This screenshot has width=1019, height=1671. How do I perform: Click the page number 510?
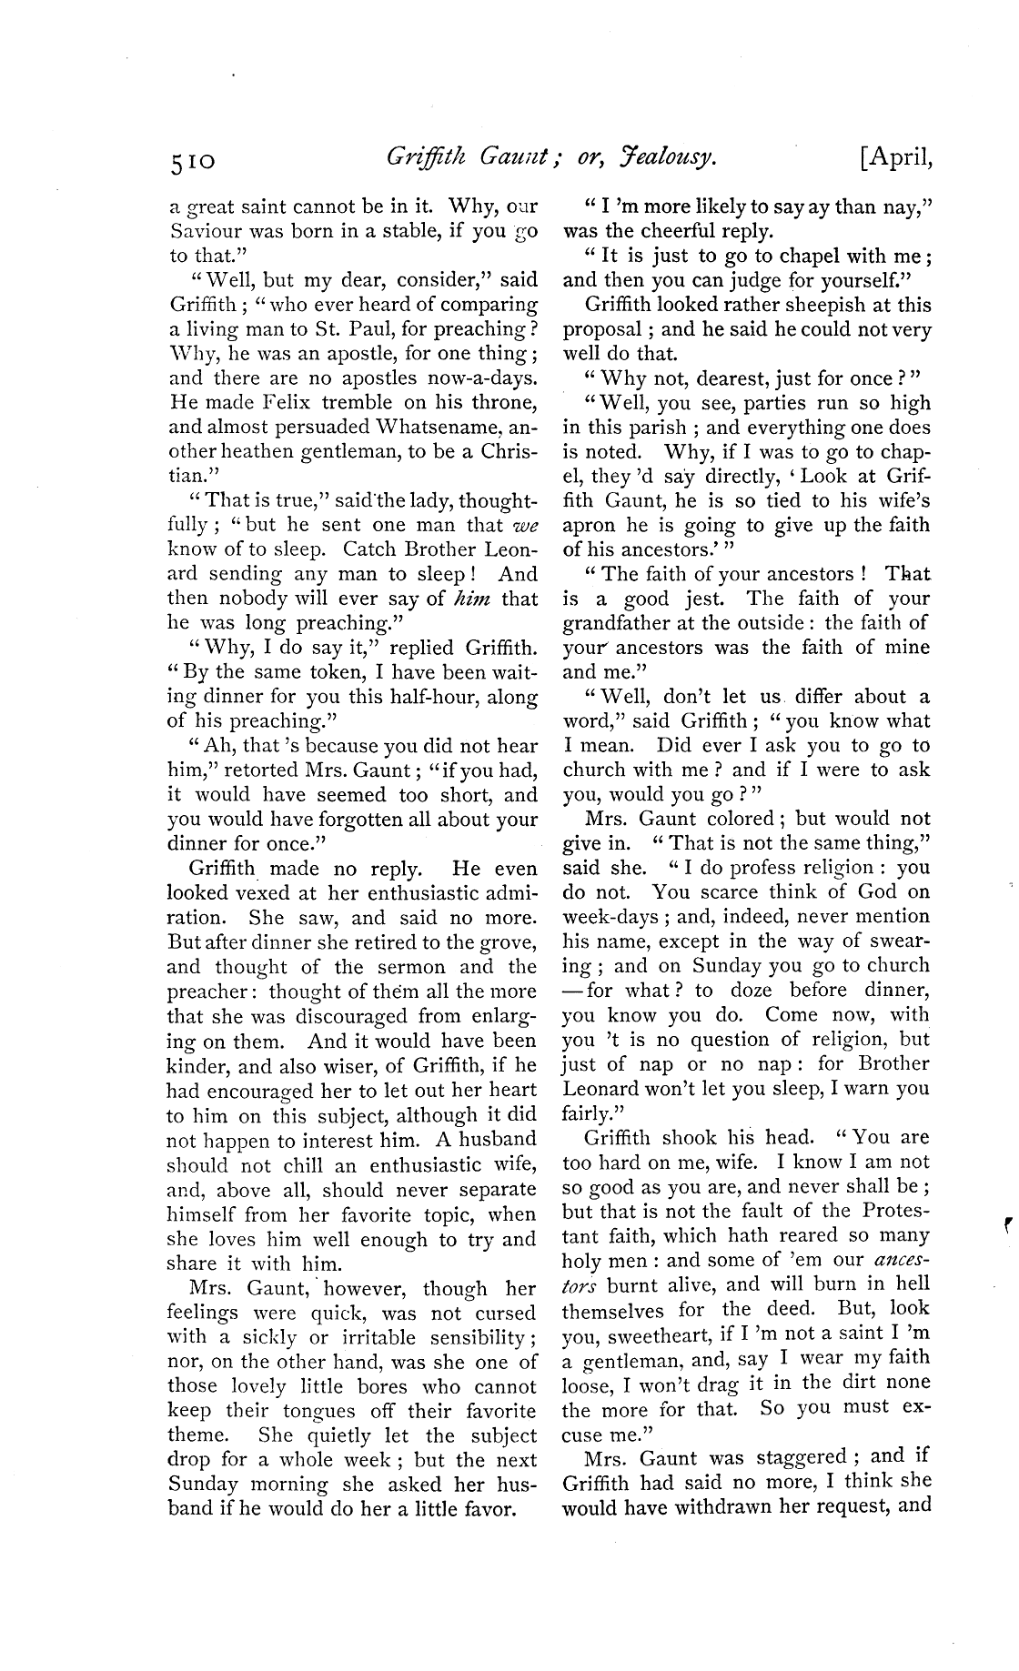(x=191, y=162)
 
